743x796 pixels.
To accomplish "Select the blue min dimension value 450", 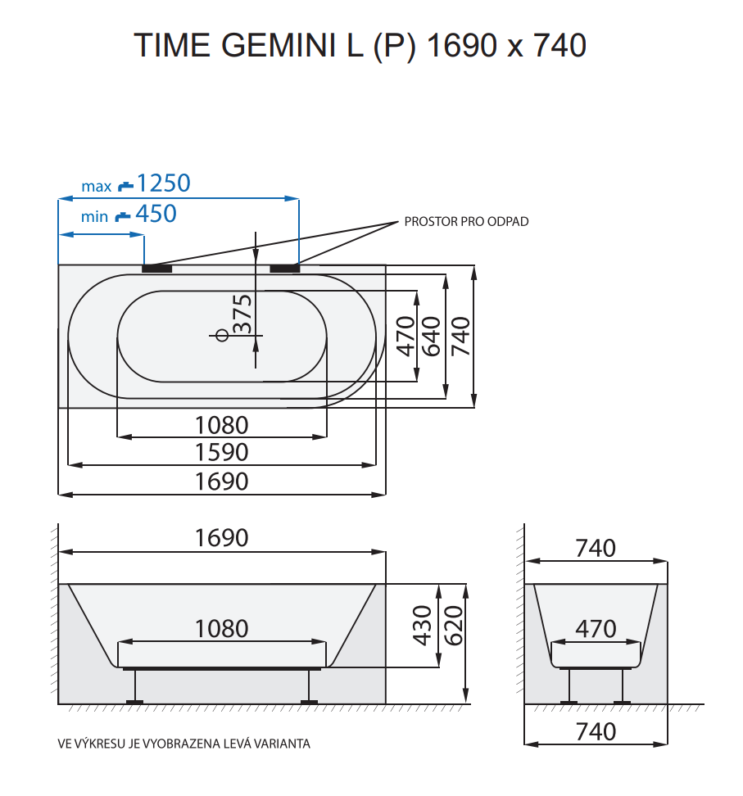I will (156, 214).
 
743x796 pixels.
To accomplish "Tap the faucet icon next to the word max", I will (125, 185).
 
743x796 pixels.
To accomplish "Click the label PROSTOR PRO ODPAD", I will (466, 222).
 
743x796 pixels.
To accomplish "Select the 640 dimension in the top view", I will (432, 336).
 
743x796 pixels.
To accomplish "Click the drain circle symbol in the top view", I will (220, 335).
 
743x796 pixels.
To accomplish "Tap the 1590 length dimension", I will (221, 452).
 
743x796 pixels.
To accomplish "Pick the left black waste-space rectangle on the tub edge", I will (157, 267).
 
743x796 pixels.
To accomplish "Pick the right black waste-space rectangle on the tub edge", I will (284, 267).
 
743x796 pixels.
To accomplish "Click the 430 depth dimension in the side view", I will (422, 625).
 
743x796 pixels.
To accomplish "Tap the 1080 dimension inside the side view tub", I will (221, 628).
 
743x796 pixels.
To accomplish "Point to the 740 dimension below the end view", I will (596, 730).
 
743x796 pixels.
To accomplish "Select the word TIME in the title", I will (169, 46).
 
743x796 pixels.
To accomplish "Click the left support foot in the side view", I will (134, 701).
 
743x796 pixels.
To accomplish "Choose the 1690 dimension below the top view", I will (221, 481).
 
